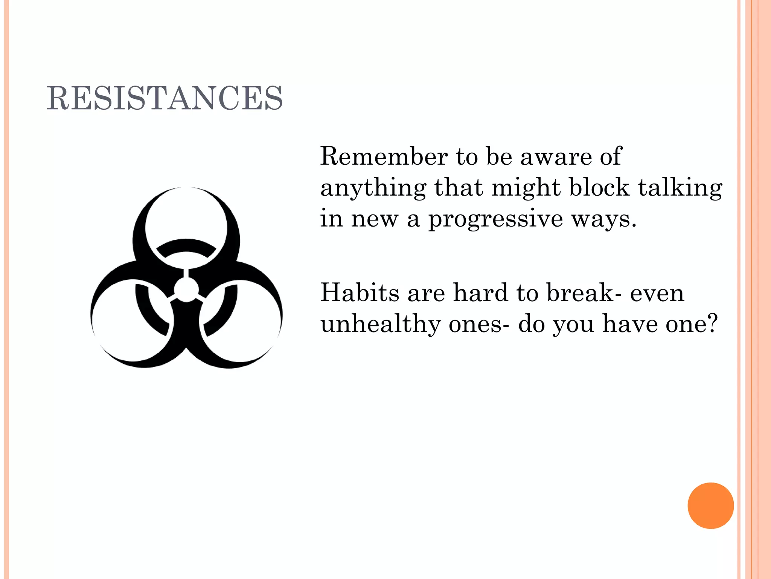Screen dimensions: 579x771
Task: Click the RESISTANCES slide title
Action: click(165, 98)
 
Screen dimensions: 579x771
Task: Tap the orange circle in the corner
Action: click(710, 505)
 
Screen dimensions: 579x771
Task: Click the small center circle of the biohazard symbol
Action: click(186, 290)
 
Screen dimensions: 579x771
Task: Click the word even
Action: click(657, 293)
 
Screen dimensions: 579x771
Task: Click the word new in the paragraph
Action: click(375, 219)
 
